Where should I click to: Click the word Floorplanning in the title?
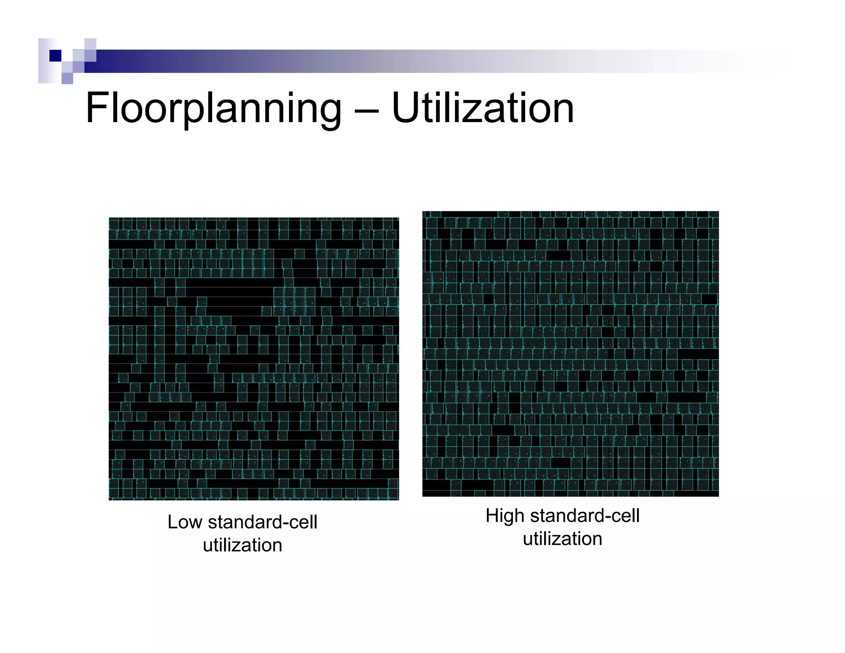click(213, 108)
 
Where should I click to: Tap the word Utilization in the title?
click(482, 108)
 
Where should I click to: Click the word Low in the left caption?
click(184, 522)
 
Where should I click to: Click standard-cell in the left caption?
click(263, 522)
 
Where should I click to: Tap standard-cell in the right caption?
click(584, 516)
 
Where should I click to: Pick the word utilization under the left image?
click(243, 545)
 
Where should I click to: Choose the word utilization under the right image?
click(562, 539)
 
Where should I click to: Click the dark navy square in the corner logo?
click(55, 56)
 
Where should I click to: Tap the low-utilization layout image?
click(254, 359)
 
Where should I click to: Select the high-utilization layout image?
click(570, 354)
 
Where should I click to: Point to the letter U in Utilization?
click(404, 108)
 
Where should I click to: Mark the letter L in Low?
click(172, 522)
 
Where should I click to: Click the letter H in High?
click(492, 516)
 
